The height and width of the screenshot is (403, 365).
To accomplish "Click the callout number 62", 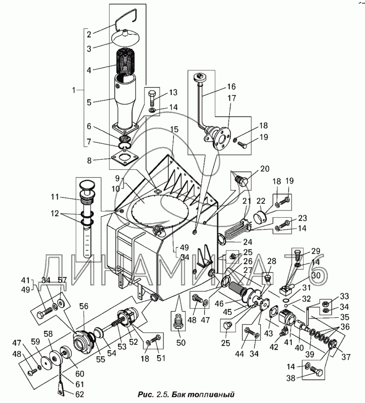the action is point(78,394).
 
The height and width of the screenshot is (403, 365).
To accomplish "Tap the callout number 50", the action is point(181,343).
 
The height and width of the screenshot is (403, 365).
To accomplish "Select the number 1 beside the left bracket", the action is point(74,90).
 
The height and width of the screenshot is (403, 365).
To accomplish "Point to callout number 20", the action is point(265,169).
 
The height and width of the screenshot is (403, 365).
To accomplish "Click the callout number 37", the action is point(345,357).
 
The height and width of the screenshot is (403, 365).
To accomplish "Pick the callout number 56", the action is point(84,307).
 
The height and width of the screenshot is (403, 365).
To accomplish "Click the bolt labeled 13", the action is point(152,98).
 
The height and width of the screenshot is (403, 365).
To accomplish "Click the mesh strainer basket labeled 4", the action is point(126,61).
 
